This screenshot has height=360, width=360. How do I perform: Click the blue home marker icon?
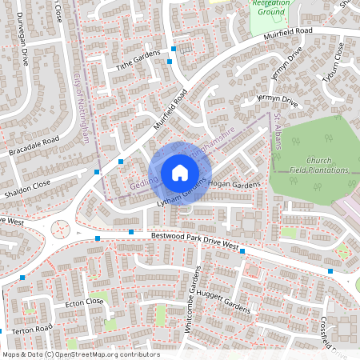[179, 173]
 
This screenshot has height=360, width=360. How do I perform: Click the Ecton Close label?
[84, 302]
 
